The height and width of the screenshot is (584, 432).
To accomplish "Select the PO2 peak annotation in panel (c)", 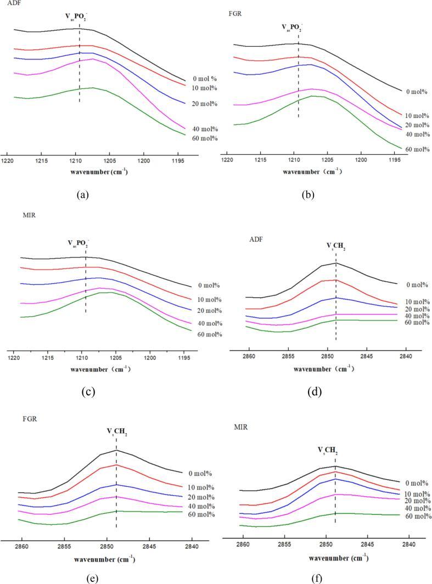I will pyautogui.click(x=77, y=243).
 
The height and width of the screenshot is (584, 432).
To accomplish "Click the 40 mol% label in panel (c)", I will pyautogui.click(x=209, y=324).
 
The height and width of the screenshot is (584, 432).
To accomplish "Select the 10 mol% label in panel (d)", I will pyautogui.click(x=416, y=302).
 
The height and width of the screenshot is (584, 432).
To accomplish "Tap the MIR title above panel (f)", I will pyautogui.click(x=234, y=426).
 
